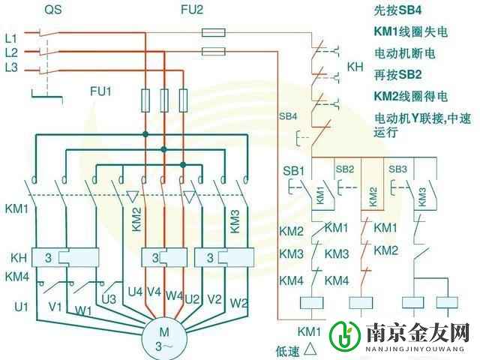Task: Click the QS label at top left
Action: tap(52, 10)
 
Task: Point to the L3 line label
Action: tap(10, 69)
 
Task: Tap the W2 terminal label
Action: tap(238, 303)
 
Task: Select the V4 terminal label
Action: tap(154, 292)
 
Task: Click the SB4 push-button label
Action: tap(288, 117)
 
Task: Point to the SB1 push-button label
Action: tap(293, 171)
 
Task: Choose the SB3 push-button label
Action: tap(397, 169)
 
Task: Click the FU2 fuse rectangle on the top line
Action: tap(214, 33)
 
